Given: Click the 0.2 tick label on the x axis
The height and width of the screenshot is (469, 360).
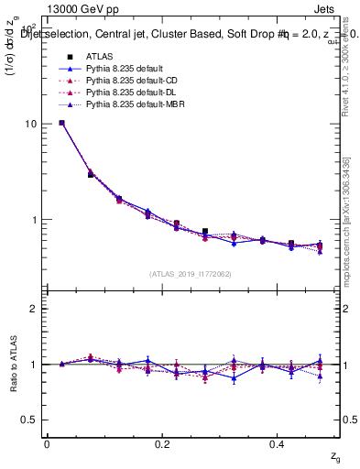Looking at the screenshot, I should (163, 443).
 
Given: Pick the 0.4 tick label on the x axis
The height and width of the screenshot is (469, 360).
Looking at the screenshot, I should (279, 443).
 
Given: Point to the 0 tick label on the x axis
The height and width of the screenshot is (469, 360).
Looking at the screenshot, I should (47, 443).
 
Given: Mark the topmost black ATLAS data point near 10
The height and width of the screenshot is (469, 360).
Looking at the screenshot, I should (61, 123).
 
